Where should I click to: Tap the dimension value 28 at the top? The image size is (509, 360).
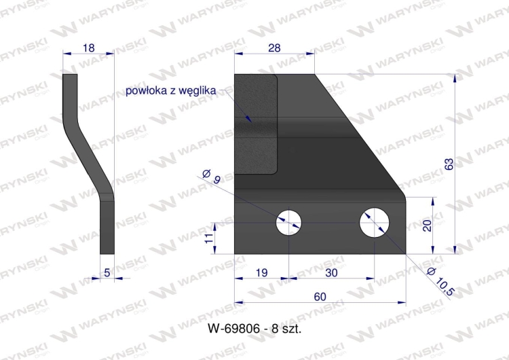click(x=275, y=48)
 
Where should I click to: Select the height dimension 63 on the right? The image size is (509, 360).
click(x=448, y=164)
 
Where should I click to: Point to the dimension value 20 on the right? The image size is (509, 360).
click(x=427, y=226)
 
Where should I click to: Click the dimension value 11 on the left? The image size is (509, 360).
click(x=208, y=237)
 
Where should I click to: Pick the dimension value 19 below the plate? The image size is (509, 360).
click(x=262, y=273)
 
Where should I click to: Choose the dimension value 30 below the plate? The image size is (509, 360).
click(x=332, y=273)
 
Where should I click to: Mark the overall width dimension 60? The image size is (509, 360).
click(x=321, y=296)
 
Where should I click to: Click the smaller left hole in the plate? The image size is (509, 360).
click(x=288, y=221)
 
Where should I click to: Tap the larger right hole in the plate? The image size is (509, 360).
click(x=375, y=221)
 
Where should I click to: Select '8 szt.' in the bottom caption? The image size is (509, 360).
click(x=284, y=327)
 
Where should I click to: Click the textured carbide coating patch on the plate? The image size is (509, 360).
click(x=257, y=126)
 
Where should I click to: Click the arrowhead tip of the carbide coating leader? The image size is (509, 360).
click(x=251, y=121)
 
